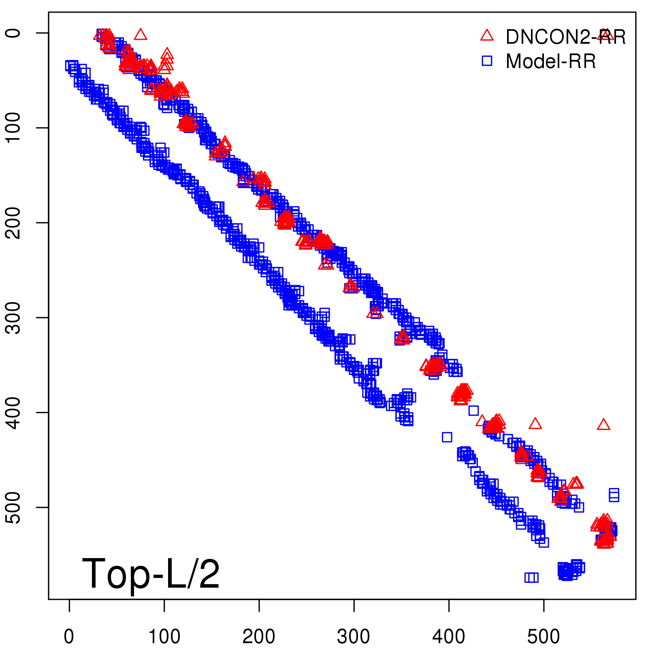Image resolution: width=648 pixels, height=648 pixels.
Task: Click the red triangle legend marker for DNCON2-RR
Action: click(487, 36)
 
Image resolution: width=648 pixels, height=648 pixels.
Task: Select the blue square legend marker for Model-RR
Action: click(487, 61)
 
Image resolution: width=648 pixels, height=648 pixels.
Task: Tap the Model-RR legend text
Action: click(551, 62)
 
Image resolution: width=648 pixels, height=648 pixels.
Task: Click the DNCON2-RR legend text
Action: click(565, 37)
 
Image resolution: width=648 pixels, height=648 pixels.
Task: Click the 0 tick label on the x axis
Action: click(69, 636)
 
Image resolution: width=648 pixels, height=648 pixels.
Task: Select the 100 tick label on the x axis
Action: click(164, 636)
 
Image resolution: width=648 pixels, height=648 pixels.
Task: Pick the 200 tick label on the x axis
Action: click(259, 636)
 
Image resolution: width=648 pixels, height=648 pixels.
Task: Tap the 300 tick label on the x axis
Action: click(354, 636)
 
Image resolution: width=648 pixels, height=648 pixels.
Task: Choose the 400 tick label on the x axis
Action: click(449, 636)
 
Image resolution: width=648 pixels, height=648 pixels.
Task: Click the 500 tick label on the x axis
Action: click(544, 636)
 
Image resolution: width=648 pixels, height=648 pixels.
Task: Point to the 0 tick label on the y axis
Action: click(14, 33)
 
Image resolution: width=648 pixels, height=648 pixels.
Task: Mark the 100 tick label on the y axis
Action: click(14, 128)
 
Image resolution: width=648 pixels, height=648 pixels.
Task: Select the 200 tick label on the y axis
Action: click(14, 222)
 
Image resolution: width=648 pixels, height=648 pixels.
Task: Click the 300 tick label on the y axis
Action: click(14, 318)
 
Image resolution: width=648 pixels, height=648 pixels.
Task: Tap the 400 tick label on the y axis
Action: click(14, 412)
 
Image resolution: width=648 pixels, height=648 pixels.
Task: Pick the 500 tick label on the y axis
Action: click(14, 507)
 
